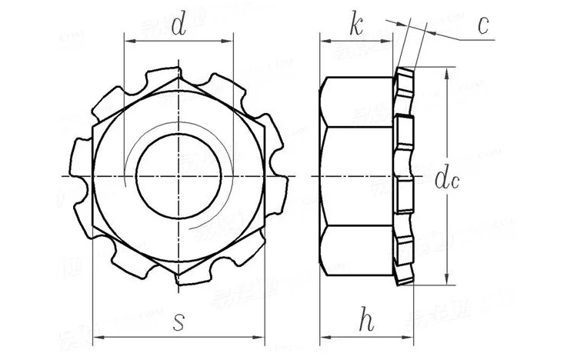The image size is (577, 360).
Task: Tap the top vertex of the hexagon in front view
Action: pyautogui.click(x=178, y=74)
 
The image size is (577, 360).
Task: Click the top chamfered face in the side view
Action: pyautogui.click(x=359, y=99)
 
